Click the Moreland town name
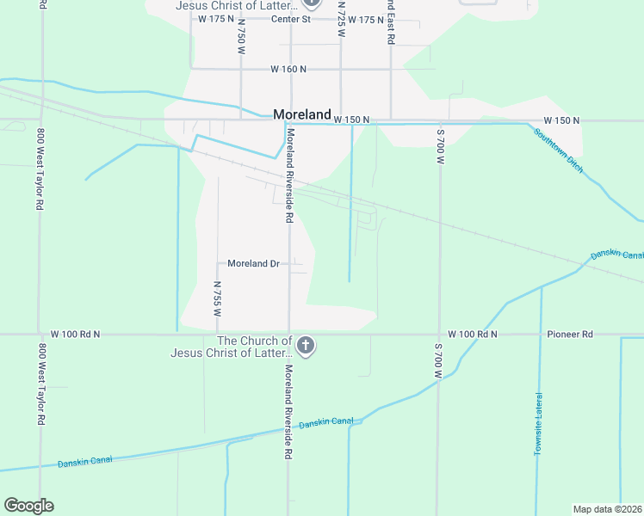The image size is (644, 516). coord(302,114)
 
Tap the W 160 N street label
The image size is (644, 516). coord(288,69)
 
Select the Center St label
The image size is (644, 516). coord(290,19)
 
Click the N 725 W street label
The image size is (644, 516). coord(342,19)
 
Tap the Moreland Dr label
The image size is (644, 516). coord(253,263)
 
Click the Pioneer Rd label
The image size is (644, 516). coord(570,334)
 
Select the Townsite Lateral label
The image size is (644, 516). coord(539,424)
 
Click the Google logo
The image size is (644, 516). coord(28,506)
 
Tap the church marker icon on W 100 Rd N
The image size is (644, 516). coord(305,347)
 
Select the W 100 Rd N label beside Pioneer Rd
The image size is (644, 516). coord(473,334)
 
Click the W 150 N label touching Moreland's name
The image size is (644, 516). coord(351,120)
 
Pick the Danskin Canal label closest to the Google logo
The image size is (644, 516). coord(84,463)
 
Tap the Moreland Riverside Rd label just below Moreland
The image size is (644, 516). coord(291,176)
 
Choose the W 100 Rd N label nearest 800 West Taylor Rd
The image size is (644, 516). coord(75,334)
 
